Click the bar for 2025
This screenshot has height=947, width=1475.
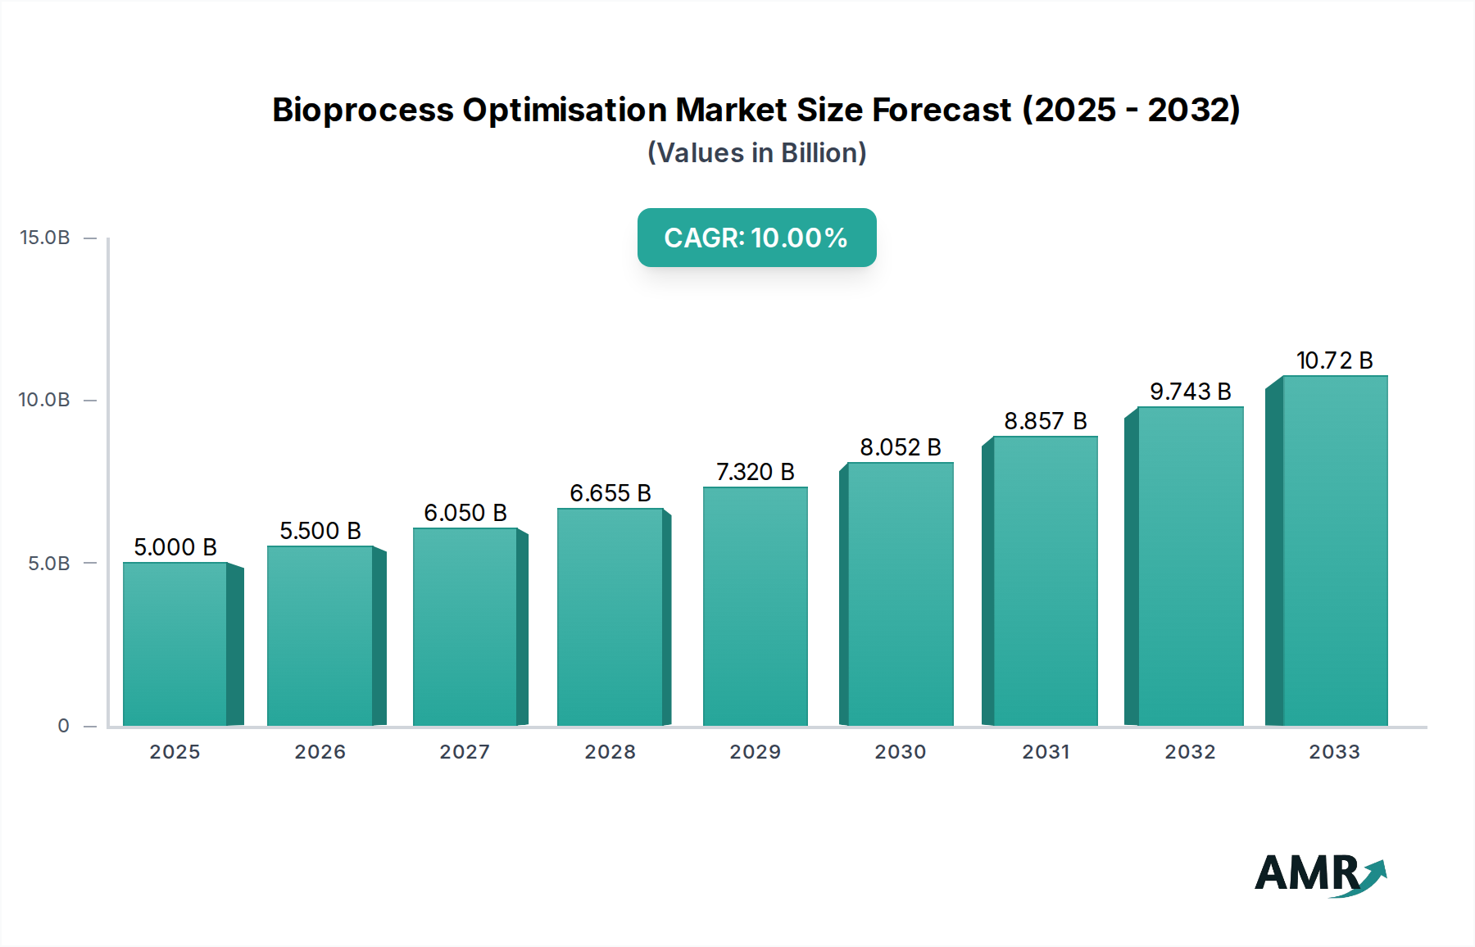point(175,644)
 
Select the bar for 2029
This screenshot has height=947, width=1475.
point(755,606)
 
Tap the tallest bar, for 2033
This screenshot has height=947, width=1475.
point(1335,551)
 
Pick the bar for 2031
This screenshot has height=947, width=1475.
point(1045,581)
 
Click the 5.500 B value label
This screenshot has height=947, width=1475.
point(320,531)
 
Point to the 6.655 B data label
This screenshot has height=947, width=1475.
point(610,493)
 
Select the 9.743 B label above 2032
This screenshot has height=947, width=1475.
point(1190,392)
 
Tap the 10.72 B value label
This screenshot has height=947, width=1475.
point(1334,360)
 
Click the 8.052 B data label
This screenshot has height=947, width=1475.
point(900,447)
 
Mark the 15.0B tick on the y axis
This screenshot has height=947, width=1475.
point(45,238)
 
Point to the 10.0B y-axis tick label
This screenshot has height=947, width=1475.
point(45,400)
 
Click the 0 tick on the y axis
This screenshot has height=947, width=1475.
point(63,726)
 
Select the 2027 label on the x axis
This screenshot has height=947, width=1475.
point(465,752)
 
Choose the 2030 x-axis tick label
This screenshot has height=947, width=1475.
point(900,752)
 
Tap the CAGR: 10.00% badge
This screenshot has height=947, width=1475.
point(756,238)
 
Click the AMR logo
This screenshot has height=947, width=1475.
point(1319,874)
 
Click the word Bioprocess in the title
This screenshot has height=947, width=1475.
point(362,110)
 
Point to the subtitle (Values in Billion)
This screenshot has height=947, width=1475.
point(756,153)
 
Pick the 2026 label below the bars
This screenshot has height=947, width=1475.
point(320,752)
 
